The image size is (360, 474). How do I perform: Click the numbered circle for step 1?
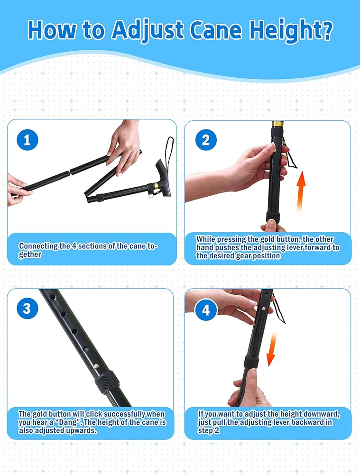pyautogui.click(x=27, y=140)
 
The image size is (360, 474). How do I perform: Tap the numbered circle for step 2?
pyautogui.click(x=206, y=140)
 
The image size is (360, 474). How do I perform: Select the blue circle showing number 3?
pyautogui.click(x=27, y=309)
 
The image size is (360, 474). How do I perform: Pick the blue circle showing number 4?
pyautogui.click(x=206, y=310)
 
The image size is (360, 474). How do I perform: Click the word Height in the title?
pyautogui.click(x=291, y=30)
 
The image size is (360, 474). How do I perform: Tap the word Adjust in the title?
pyautogui.click(x=148, y=31)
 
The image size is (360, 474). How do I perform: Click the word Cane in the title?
pyautogui.click(x=216, y=30)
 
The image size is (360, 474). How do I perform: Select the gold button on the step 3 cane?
pyautogui.click(x=96, y=366)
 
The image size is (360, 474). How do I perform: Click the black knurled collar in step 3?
pyautogui.click(x=107, y=382)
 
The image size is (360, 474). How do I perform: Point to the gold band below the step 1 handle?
pyautogui.click(x=155, y=186)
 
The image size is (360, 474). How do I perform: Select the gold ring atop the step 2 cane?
pyautogui.click(x=277, y=124)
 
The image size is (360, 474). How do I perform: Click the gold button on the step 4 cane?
pyautogui.click(x=263, y=309)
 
